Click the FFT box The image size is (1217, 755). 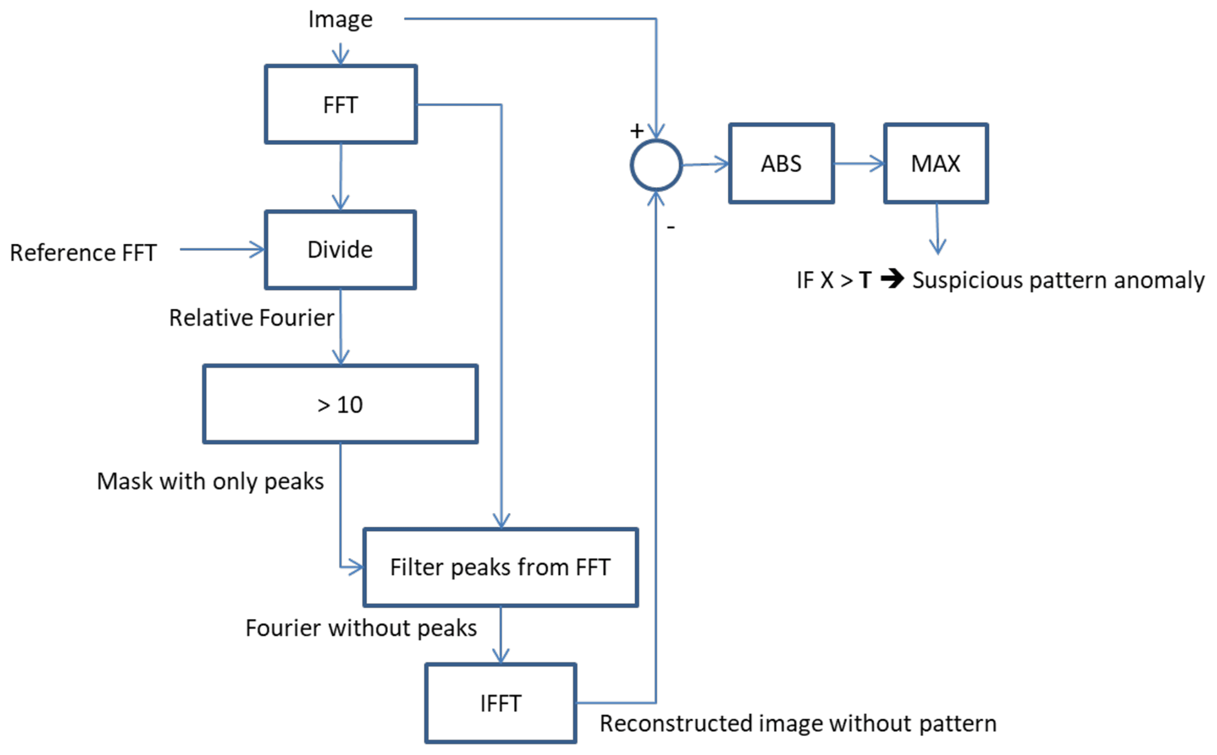point(341,104)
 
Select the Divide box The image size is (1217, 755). point(340,250)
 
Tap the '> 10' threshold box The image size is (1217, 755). point(340,404)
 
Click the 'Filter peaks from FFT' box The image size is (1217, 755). point(500,567)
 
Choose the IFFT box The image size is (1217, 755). point(500,703)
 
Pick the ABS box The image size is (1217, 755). point(781,163)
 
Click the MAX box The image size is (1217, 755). point(936,163)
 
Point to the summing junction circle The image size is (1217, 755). point(656,165)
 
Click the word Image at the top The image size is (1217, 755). point(340,19)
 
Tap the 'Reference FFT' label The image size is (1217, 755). point(83,253)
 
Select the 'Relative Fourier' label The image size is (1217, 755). point(251,317)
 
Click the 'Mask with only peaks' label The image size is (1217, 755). point(210,481)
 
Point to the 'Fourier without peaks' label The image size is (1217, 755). point(361,628)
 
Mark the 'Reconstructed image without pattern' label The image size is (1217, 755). point(798,723)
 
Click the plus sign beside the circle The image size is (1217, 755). point(636,131)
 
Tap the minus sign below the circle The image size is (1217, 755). point(671,227)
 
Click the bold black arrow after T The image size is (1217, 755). point(893,279)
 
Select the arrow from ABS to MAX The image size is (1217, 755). point(859,163)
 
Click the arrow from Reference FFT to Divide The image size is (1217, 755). point(223,250)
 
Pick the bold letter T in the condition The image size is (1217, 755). point(865,280)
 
